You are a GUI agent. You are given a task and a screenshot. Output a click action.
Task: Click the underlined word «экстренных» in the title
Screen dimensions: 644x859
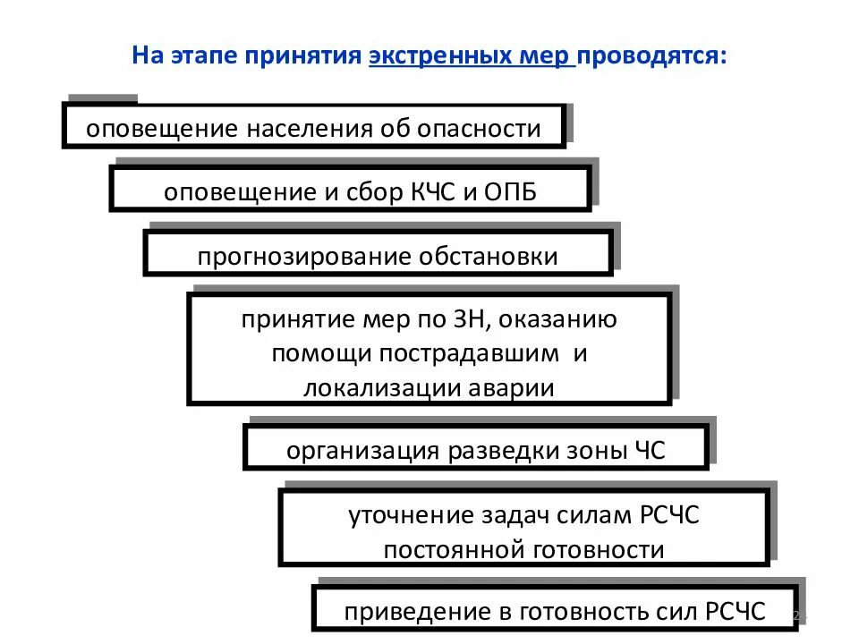pos(426,55)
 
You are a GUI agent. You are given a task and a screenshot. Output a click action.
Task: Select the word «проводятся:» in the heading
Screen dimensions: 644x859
pos(651,55)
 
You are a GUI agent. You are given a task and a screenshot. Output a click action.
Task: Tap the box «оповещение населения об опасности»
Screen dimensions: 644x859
pos(313,128)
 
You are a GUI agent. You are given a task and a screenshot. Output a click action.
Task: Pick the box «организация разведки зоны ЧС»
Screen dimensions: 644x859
pos(476,450)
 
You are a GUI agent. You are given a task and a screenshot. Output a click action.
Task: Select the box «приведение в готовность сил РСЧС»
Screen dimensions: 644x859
pos(555,613)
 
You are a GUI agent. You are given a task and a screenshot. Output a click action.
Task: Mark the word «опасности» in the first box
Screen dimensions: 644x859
pos(488,129)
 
